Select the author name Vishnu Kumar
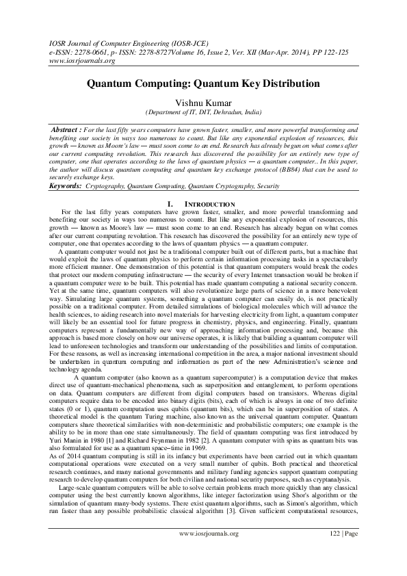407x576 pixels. click(x=203, y=102)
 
